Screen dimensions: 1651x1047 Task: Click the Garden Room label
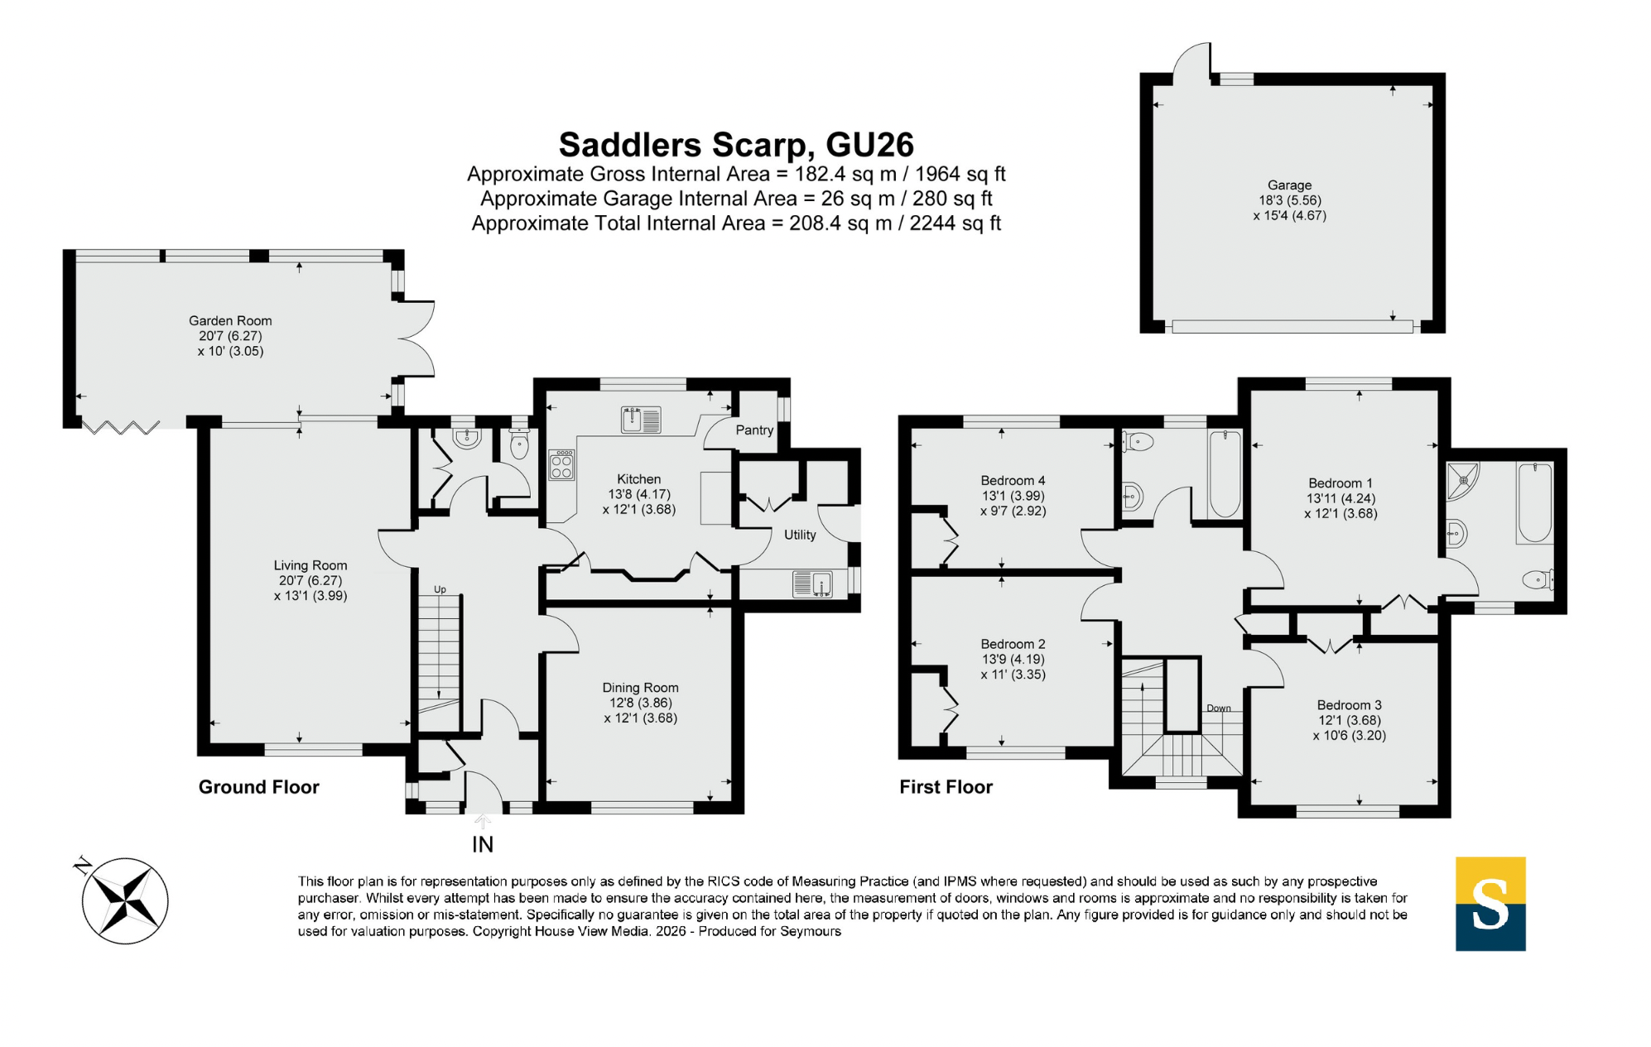click(x=230, y=320)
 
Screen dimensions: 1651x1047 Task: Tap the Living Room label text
click(x=310, y=565)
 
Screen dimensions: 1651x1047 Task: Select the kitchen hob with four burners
click(x=561, y=464)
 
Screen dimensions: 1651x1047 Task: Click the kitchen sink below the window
click(x=641, y=420)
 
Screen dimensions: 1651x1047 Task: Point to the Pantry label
click(x=754, y=430)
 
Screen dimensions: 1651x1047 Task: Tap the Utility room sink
click(x=812, y=584)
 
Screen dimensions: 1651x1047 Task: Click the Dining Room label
click(x=640, y=688)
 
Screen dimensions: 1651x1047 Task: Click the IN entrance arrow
click(x=483, y=822)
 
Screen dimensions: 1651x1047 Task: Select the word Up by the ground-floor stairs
click(x=440, y=589)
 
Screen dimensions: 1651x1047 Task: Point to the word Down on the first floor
click(x=1219, y=708)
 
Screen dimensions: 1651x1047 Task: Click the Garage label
click(x=1289, y=185)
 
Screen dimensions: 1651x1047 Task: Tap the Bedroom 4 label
click(x=1013, y=480)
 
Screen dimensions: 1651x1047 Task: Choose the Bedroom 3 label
click(x=1349, y=705)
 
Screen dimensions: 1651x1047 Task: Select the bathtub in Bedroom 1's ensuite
click(x=1534, y=503)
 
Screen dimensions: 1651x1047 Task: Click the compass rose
click(x=124, y=900)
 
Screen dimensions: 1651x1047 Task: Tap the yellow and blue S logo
click(x=1490, y=903)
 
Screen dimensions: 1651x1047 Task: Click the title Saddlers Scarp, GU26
click(x=736, y=145)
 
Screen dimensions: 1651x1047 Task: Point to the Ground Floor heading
click(x=258, y=787)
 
